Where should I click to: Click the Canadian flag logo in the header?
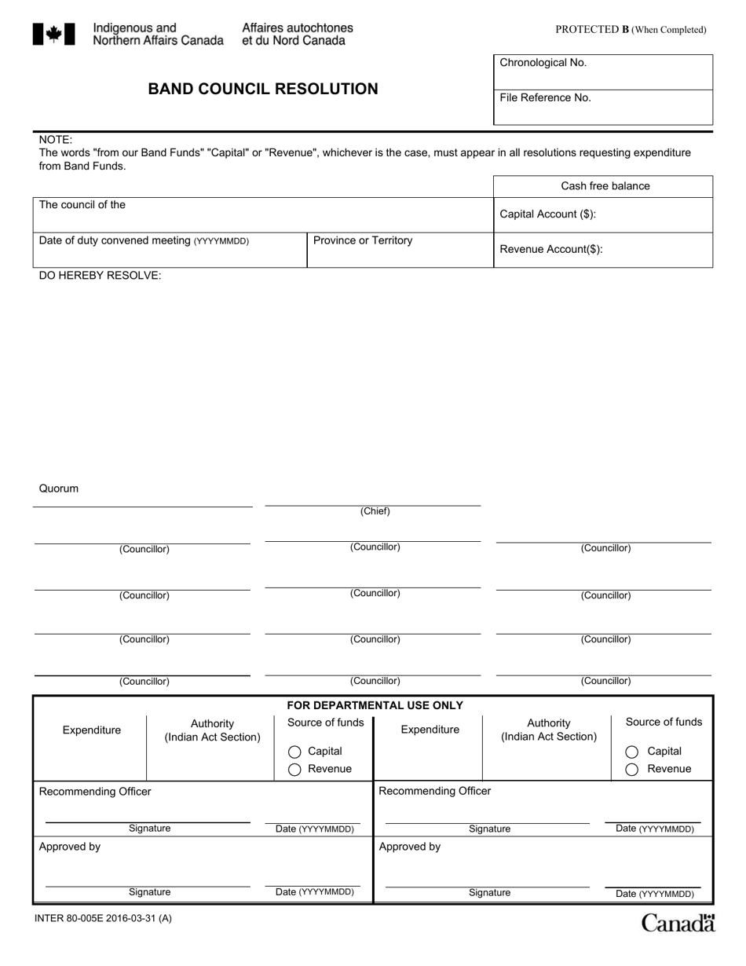coord(53,34)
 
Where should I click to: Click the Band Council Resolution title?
coord(263,89)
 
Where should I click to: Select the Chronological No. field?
coord(602,71)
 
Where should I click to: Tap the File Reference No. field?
coord(602,107)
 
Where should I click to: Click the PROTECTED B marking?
coord(631,30)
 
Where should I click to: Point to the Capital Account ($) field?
coord(602,214)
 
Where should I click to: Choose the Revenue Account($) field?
coord(602,250)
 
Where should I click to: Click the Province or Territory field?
coord(399,250)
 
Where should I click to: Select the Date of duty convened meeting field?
coord(169,250)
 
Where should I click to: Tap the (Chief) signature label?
coord(375,511)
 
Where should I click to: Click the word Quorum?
coord(59,488)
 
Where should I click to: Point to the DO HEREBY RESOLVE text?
coord(100,276)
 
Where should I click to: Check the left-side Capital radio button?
coord(294,752)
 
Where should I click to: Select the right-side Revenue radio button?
coord(631,770)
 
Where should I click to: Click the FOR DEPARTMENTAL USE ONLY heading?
coord(375,705)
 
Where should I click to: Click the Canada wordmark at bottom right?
coord(678,923)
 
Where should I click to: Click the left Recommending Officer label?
coord(95,792)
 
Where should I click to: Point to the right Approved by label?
coord(409,847)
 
